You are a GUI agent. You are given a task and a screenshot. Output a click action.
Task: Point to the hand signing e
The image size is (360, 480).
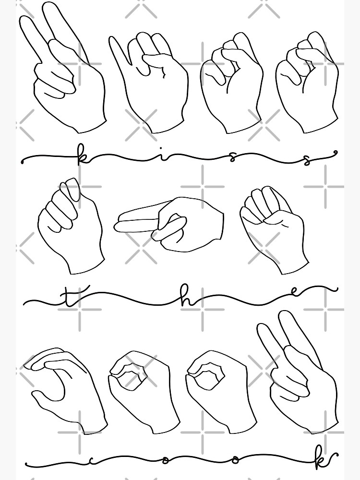(x=274, y=226)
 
